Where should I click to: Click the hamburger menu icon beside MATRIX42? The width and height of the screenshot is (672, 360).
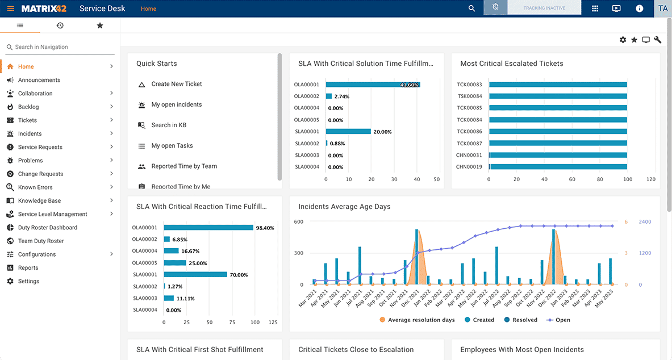coord(11,9)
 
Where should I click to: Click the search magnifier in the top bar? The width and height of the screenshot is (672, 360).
coord(471,9)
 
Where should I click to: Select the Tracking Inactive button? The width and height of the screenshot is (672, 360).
coord(544,9)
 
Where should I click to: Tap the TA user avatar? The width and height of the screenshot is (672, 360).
coord(663,9)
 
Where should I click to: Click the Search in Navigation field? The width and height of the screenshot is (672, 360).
coord(60,47)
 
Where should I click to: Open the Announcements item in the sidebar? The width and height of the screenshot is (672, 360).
coord(39,80)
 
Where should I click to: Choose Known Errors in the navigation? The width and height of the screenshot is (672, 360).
coord(35,187)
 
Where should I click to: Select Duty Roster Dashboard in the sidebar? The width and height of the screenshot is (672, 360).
coord(48,228)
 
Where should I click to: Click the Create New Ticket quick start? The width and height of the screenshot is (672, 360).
coord(177,84)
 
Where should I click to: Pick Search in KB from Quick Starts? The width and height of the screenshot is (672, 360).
coord(169,125)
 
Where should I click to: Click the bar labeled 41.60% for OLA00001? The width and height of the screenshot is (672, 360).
coord(373,85)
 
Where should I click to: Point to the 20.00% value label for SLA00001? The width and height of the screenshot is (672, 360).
coord(382,132)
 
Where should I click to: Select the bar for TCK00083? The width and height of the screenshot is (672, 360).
coord(557,85)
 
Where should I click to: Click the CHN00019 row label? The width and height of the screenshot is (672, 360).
coord(469,167)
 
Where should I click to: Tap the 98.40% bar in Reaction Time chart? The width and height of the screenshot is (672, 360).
coord(208,228)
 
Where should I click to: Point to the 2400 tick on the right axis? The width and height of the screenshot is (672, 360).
coord(645,222)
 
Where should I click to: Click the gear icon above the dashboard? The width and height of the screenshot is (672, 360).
coord(623,40)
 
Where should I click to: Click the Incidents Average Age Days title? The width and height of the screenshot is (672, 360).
coord(344,207)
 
